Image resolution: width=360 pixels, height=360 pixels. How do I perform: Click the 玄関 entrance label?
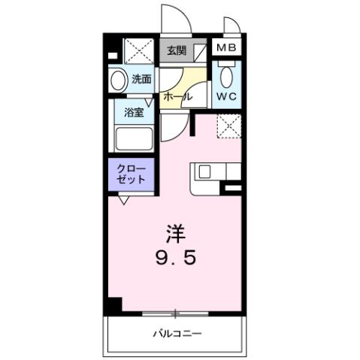(x=176, y=51)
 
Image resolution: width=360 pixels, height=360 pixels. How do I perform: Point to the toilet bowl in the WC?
(x=226, y=75)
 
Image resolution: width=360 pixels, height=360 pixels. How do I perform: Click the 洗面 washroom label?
(x=142, y=78)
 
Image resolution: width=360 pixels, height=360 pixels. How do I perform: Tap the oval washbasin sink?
(x=117, y=81)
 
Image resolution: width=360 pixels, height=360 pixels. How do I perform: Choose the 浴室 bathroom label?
(x=135, y=113)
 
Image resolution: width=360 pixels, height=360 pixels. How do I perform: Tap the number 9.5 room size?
(x=178, y=259)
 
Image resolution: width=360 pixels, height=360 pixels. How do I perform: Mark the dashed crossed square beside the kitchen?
(x=228, y=126)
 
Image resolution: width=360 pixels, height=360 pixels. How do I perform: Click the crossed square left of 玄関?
(x=139, y=51)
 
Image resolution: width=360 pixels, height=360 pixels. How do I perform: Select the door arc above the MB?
(x=231, y=26)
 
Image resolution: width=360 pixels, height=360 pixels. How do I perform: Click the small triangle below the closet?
(x=123, y=199)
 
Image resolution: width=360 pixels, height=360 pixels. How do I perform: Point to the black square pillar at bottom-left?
(x=113, y=304)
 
